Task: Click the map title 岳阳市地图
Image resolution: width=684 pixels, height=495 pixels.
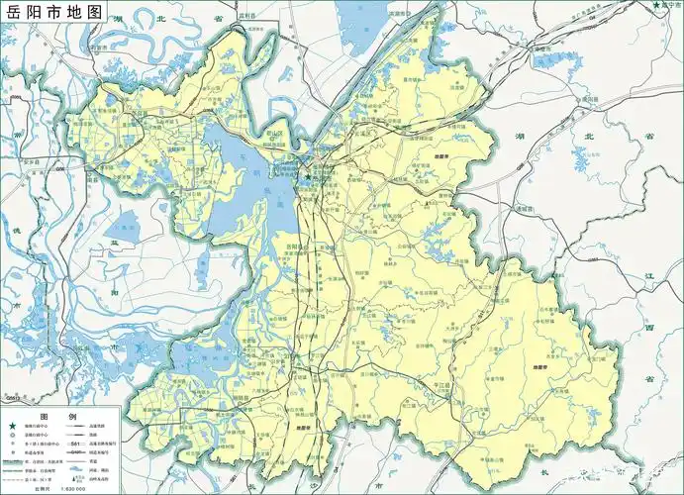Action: point(53,13)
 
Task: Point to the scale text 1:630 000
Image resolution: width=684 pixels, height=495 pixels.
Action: point(72,488)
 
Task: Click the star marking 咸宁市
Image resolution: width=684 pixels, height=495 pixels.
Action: point(656,6)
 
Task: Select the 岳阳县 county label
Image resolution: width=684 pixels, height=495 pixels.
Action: point(295,245)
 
